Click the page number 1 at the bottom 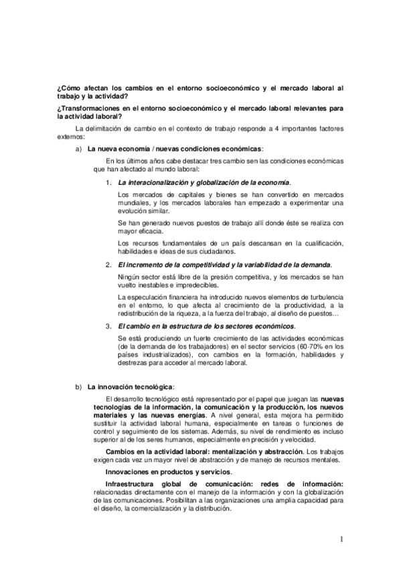point(341,539)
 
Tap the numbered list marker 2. point(108,265)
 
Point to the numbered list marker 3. point(108,326)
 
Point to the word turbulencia point(320,296)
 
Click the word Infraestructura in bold point(136,484)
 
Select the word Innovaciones point(128,472)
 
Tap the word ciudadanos point(216,252)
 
